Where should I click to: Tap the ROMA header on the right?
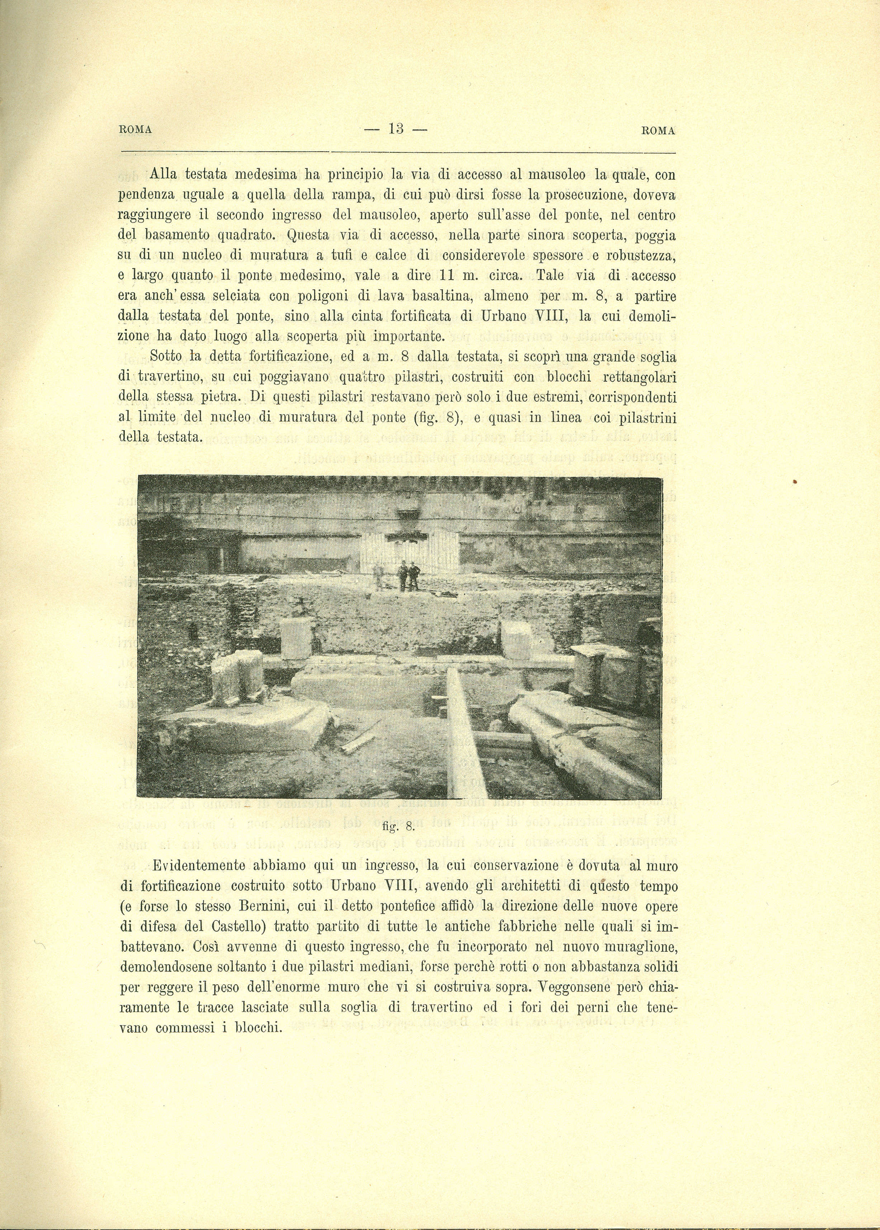(658, 131)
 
